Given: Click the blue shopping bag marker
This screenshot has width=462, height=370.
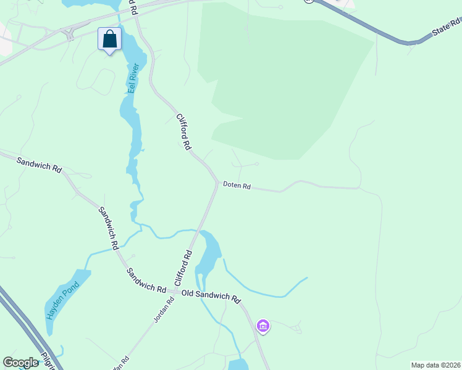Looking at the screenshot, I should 109,39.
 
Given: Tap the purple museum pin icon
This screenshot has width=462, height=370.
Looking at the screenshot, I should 262,325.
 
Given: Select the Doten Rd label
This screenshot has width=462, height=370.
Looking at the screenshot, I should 237,185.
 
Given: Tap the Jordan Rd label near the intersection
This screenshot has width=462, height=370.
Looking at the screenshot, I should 164,310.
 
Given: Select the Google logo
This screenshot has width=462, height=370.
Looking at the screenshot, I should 20,363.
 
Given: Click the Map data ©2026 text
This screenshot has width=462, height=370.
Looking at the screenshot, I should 435,364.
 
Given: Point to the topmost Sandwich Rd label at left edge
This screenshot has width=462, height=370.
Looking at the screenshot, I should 39,165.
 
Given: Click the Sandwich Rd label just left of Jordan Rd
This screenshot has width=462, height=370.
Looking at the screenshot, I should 146,280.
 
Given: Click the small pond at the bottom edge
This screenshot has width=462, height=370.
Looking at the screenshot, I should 238,364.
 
